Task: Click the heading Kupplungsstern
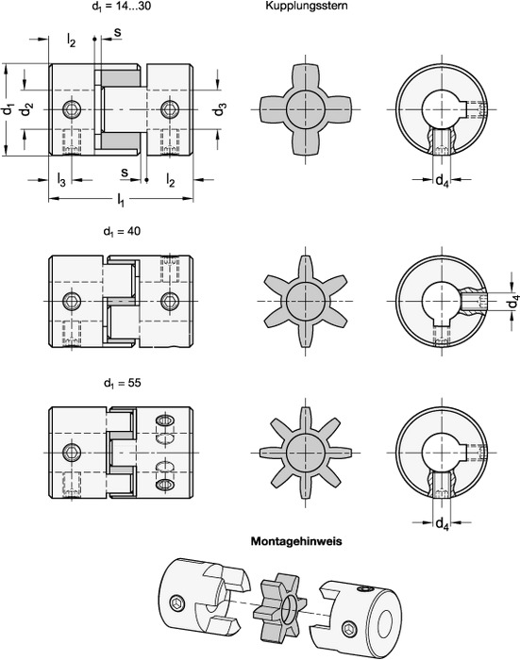pos(307,6)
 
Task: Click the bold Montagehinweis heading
pos(296,541)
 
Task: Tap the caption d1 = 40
pos(122,232)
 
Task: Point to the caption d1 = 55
pos(122,383)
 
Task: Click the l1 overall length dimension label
pos(121,200)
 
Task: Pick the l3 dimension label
pos(61,180)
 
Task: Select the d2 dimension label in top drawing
pos(27,109)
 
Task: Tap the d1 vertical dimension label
pos(8,109)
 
